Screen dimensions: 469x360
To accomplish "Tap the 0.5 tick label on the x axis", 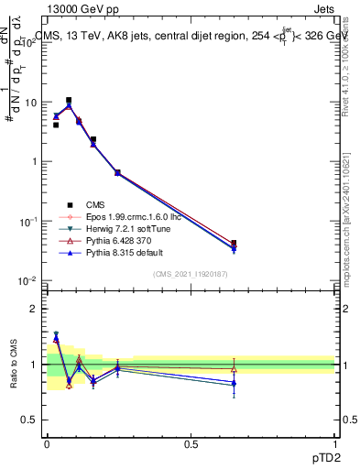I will pyautogui.click(x=190, y=442).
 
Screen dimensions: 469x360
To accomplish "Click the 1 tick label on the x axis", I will pyautogui.click(x=335, y=442).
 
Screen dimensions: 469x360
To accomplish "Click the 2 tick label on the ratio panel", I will pyautogui.click(x=31, y=309).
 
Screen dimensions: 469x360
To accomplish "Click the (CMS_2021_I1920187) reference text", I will pyautogui.click(x=190, y=274).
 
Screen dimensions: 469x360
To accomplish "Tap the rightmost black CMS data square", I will pyautogui.click(x=234, y=244).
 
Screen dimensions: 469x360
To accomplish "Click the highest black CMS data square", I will pyautogui.click(x=69, y=100).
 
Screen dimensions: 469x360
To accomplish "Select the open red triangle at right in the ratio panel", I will pyautogui.click(x=234, y=369).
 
